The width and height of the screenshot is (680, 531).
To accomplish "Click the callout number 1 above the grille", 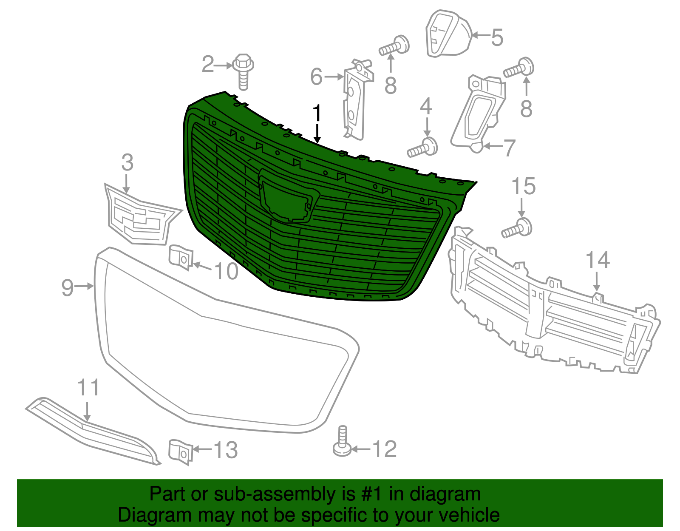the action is click(317, 114).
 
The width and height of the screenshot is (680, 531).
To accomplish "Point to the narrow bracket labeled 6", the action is click(356, 102).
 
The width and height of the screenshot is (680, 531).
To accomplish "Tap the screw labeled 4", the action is click(423, 148).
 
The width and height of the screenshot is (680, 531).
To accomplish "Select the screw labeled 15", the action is click(517, 229).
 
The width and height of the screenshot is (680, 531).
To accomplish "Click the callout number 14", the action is click(598, 260).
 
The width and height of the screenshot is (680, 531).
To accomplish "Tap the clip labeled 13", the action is click(181, 451).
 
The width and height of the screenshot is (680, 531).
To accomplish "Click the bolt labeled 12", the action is click(342, 442).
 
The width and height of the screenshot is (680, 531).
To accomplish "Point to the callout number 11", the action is click(88, 388).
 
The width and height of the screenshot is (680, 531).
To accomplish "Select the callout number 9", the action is click(68, 287).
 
